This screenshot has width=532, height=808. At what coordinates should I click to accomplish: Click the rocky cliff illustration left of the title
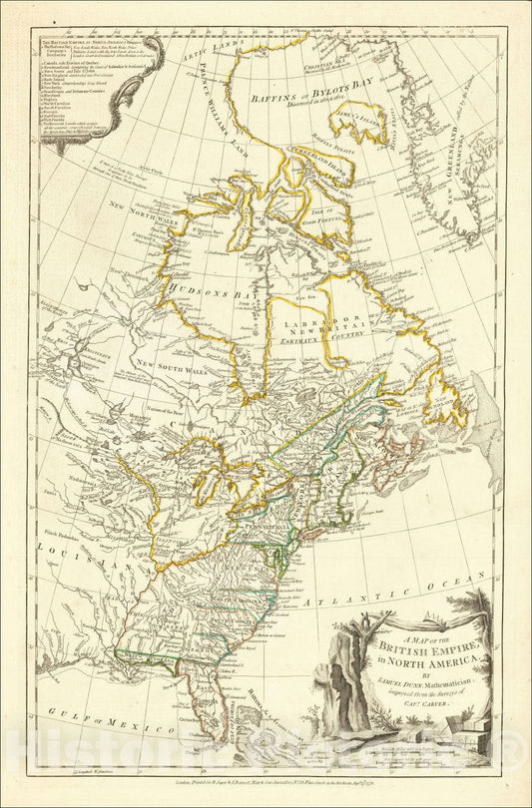(x=349, y=688)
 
